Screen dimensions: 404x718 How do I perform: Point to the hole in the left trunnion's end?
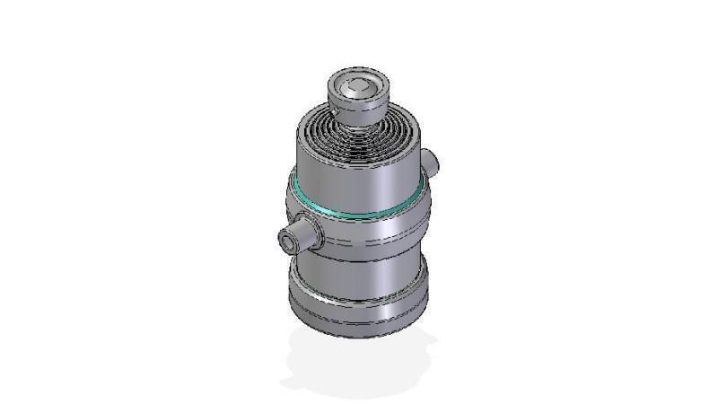tap(287, 240)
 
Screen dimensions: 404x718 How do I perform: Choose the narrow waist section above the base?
tap(359, 269)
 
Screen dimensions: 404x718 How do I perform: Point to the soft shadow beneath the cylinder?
tap(359, 364)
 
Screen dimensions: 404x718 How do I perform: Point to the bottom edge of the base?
tap(359, 336)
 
